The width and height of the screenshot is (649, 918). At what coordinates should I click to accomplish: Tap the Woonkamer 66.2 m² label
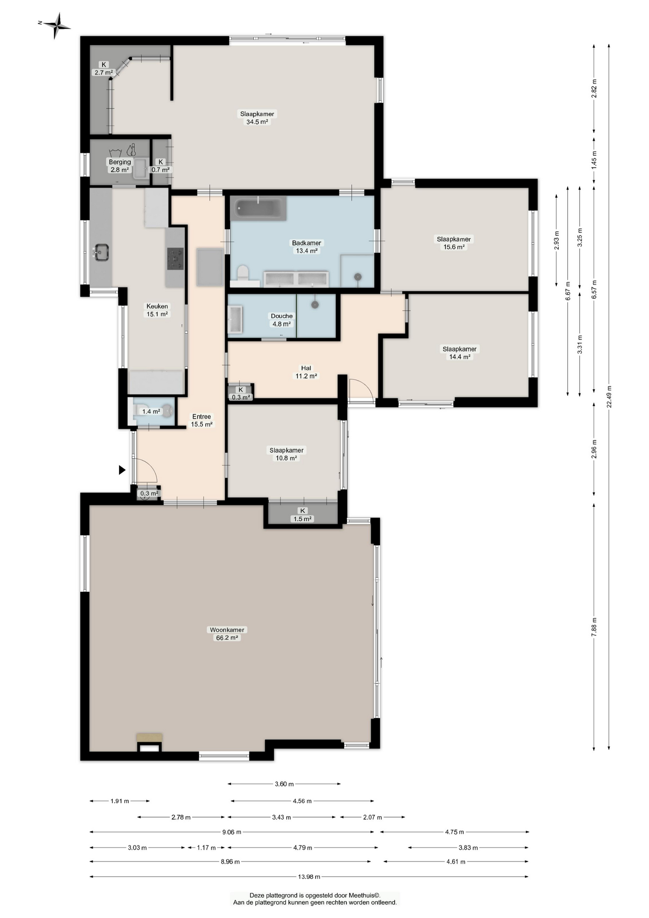[227, 634]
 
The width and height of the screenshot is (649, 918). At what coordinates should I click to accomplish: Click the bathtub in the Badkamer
[258, 208]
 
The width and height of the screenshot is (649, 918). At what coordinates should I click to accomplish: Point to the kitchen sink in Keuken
[101, 252]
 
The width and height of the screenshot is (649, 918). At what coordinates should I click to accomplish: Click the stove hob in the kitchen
[175, 259]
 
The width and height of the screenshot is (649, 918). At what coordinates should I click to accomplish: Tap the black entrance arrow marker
[122, 470]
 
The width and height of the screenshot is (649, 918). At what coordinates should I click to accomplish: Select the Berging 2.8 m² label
[119, 166]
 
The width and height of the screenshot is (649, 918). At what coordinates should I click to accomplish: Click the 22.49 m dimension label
[609, 397]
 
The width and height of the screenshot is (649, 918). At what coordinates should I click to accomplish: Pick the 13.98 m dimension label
[309, 876]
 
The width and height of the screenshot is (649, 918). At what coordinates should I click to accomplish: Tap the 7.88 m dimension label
[594, 626]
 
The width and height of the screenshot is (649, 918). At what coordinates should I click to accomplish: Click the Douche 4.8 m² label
[281, 320]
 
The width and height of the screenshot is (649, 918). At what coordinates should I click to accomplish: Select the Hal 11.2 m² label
[306, 372]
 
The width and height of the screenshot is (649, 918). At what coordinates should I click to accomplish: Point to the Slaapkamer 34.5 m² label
[257, 118]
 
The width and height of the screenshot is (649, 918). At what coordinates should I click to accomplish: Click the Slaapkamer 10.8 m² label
[286, 454]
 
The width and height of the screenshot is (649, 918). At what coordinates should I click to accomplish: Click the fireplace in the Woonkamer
[150, 742]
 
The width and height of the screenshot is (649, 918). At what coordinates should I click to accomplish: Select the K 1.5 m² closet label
[303, 515]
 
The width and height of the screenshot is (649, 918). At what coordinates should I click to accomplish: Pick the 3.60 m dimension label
[284, 784]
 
